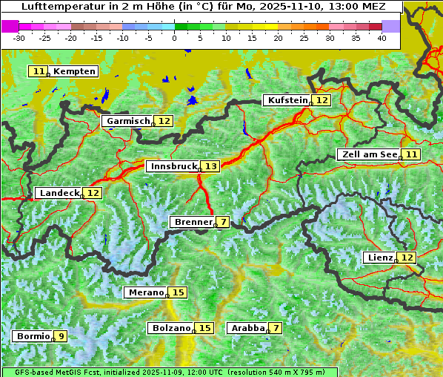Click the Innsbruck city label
pyautogui.click(x=173, y=167)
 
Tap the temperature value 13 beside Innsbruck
pyautogui.click(x=211, y=167)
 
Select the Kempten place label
pyautogui.click(x=75, y=71)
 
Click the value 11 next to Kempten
pyautogui.click(x=39, y=71)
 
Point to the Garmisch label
pyautogui.click(x=128, y=121)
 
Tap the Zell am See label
pyautogui.click(x=368, y=154)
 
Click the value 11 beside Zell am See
pyautogui.click(x=412, y=154)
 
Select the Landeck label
pyautogui.click(x=59, y=193)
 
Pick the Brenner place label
pyautogui.click(x=193, y=222)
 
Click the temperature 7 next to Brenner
pyautogui.click(x=223, y=222)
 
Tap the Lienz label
pyautogui.click(x=379, y=258)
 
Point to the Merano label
pyautogui.click(x=145, y=292)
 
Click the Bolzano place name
pyautogui.click(x=171, y=328)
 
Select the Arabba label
pyautogui.click(x=247, y=328)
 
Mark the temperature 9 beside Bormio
pyautogui.click(x=61, y=336)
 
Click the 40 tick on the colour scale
pyautogui.click(x=382, y=38)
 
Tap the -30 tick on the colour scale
pyautogui.click(x=19, y=38)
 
